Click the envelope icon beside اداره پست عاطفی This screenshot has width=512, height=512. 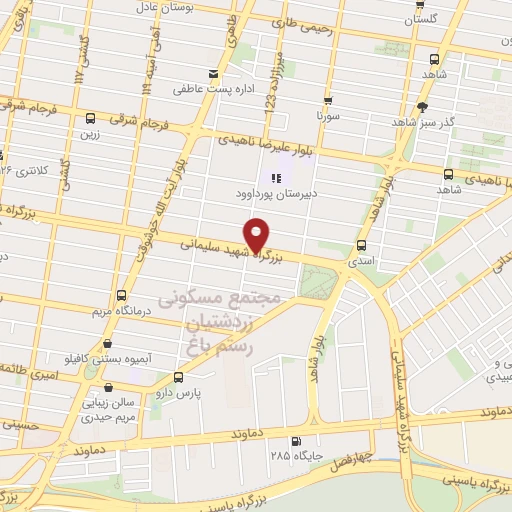(213, 73)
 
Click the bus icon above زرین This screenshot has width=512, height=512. (91, 117)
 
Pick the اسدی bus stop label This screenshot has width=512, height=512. (361, 258)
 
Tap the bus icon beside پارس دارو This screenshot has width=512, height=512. (178, 377)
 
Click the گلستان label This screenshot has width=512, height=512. (428, 19)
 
